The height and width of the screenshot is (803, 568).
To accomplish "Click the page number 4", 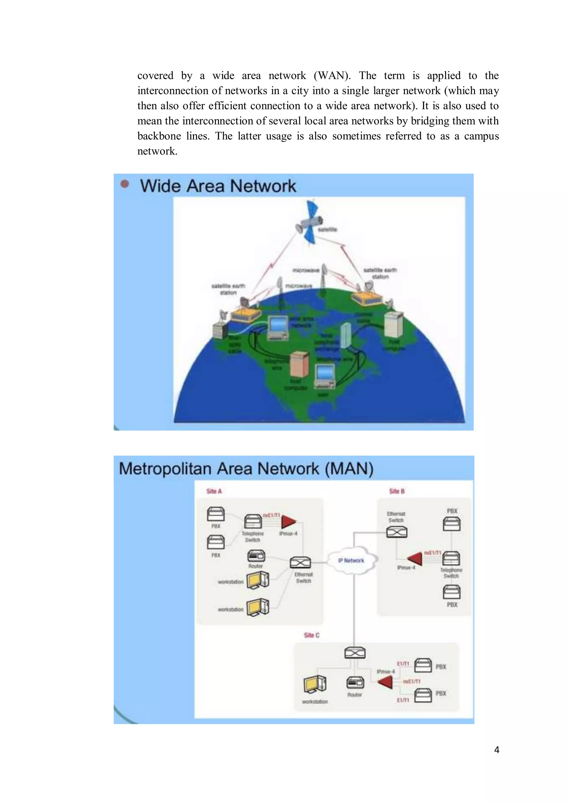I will [x=496, y=749].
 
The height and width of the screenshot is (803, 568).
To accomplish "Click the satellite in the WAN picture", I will [x=310, y=222].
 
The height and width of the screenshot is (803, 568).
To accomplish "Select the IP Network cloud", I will [x=351, y=560].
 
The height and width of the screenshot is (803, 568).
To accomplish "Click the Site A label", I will [x=214, y=491].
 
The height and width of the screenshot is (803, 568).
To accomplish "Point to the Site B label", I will [x=397, y=491].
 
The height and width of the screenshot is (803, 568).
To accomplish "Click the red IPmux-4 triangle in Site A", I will [x=288, y=522].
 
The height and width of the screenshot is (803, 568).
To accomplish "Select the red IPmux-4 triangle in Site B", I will [x=416, y=558].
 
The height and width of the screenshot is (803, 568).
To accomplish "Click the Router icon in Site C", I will [x=355, y=682].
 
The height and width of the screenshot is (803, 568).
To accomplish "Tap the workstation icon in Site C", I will [x=315, y=684].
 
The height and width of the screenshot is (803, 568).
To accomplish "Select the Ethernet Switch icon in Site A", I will [x=300, y=563].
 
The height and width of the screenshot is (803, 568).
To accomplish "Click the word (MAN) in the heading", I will [x=349, y=469].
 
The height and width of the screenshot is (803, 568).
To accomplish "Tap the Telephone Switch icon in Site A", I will [x=253, y=522].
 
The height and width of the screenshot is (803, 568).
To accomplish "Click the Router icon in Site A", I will [x=256, y=556].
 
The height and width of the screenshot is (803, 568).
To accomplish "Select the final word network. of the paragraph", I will [x=157, y=151].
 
